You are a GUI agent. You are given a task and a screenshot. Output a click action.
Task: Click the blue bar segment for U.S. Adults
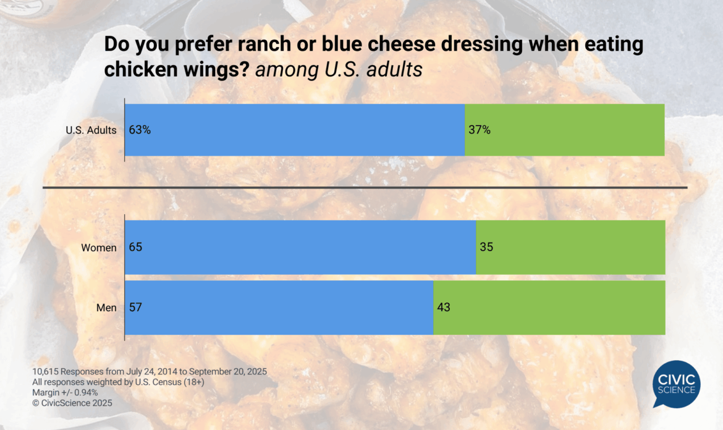click(295, 130)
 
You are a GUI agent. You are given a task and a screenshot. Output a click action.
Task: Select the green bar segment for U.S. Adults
click(564, 130)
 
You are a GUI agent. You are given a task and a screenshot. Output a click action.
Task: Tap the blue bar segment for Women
click(300, 247)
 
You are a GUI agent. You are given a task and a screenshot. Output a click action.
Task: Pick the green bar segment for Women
click(570, 247)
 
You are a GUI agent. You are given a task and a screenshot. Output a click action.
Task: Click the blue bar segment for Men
click(279, 307)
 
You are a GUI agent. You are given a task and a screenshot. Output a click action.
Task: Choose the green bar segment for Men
click(549, 307)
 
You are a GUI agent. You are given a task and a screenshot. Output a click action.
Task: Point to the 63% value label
click(140, 130)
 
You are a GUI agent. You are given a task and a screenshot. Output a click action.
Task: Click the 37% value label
click(480, 130)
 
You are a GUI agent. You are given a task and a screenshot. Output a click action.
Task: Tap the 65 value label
click(136, 247)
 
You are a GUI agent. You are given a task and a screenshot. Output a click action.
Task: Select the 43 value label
click(444, 307)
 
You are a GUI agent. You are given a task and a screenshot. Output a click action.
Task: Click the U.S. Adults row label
click(91, 130)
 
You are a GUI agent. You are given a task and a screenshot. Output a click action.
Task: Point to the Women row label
click(99, 247)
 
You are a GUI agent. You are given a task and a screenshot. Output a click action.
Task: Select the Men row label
click(106, 307)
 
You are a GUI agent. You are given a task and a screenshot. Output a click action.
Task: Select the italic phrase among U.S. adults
click(339, 70)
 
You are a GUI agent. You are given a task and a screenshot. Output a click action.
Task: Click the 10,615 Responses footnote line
click(149, 371)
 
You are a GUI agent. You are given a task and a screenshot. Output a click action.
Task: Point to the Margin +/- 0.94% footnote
click(65, 392)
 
